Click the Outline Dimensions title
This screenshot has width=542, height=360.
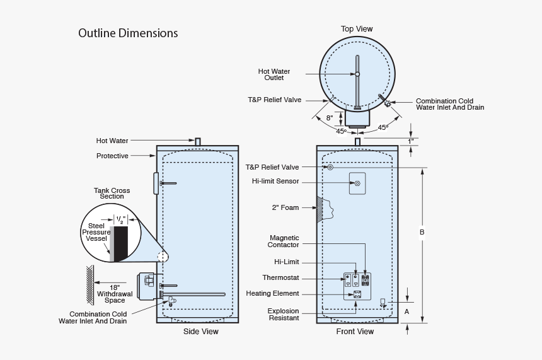(128, 33)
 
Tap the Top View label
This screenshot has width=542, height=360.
(357, 29)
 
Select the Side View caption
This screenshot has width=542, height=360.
(200, 332)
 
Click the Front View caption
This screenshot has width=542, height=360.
(355, 332)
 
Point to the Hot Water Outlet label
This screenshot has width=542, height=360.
(274, 74)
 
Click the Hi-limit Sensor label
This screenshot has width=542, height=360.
(275, 182)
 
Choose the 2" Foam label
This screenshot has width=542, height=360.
(285, 207)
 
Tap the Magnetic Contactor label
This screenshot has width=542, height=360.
(284, 241)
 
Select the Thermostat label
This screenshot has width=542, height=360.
(280, 278)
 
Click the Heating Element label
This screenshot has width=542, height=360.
(272, 294)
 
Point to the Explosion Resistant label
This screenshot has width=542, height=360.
(283, 315)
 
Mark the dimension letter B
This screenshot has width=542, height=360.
(422, 233)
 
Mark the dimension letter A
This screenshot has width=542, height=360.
(407, 311)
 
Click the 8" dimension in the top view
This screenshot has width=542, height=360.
(330, 118)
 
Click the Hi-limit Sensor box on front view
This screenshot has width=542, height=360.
(357, 183)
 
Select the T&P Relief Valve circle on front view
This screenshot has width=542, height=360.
(330, 168)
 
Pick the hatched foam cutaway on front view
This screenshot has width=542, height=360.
(325, 209)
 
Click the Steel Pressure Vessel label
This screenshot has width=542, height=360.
(96, 233)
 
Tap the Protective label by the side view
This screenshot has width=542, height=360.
(112, 156)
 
